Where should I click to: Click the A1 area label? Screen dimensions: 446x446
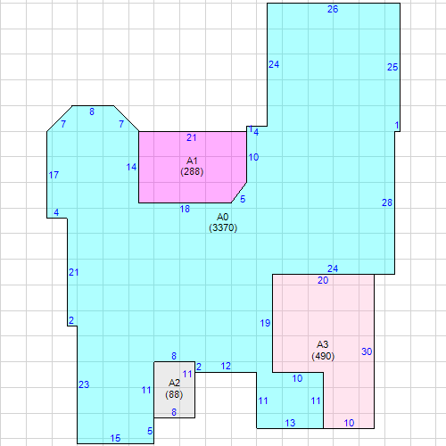click(192, 161)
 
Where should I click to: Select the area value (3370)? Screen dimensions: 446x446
click(223, 227)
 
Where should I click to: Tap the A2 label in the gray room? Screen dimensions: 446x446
click(174, 383)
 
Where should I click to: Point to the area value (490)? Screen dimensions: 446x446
click(323, 356)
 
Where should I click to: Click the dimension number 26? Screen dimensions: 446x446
click(333, 9)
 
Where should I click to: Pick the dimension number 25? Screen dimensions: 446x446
click(392, 67)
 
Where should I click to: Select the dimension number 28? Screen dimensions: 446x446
click(387, 202)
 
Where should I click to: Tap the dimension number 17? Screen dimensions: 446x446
click(54, 175)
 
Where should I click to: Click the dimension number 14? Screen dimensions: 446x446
click(131, 167)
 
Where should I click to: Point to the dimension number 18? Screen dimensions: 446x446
click(185, 209)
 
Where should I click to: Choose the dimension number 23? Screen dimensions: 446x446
click(84, 384)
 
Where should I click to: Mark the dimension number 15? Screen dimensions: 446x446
click(115, 438)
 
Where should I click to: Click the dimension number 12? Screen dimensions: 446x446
click(226, 367)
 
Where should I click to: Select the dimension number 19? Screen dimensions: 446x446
click(265, 323)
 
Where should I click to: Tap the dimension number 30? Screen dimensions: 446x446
click(367, 351)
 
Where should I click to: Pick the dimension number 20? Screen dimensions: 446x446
click(323, 280)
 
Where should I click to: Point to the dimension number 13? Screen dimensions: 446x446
click(290, 423)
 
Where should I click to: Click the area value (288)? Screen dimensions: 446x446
click(192, 171)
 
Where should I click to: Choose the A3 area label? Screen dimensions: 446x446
click(323, 344)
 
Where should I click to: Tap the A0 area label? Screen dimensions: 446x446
click(223, 217)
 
